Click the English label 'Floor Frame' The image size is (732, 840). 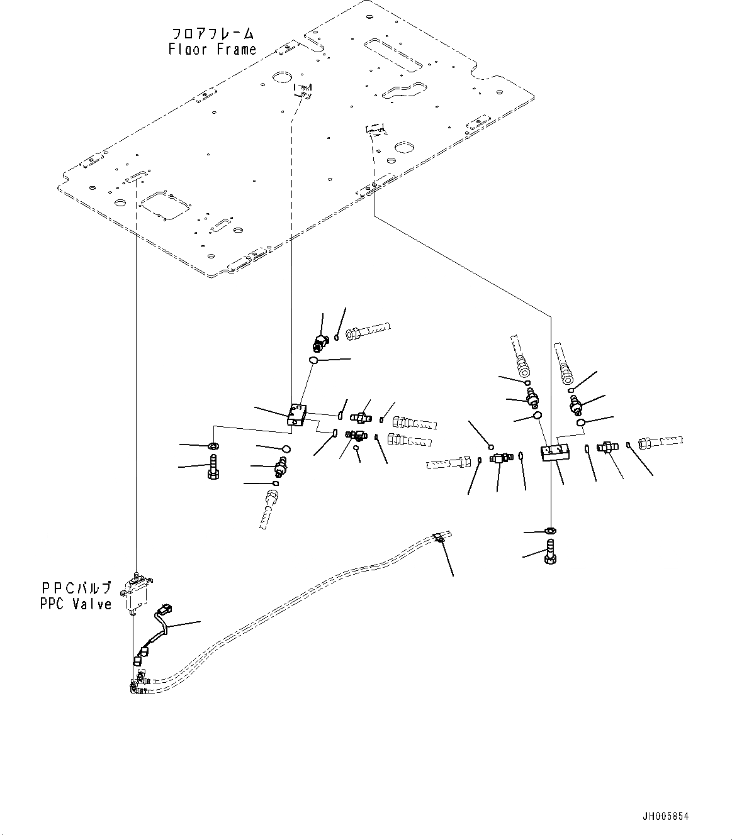[x=212, y=49]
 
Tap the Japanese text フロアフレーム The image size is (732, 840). [x=213, y=33]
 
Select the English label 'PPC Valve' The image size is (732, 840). [x=76, y=604]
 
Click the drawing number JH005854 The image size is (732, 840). [x=665, y=816]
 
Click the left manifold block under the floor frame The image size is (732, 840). [x=296, y=416]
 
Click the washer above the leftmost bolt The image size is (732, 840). [x=213, y=446]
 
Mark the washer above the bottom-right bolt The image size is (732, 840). [x=550, y=531]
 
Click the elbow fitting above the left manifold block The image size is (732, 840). [x=320, y=343]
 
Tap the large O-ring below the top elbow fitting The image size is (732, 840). [x=313, y=360]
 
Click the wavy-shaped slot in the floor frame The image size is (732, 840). [x=406, y=91]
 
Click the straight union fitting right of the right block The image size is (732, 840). [x=608, y=448]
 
